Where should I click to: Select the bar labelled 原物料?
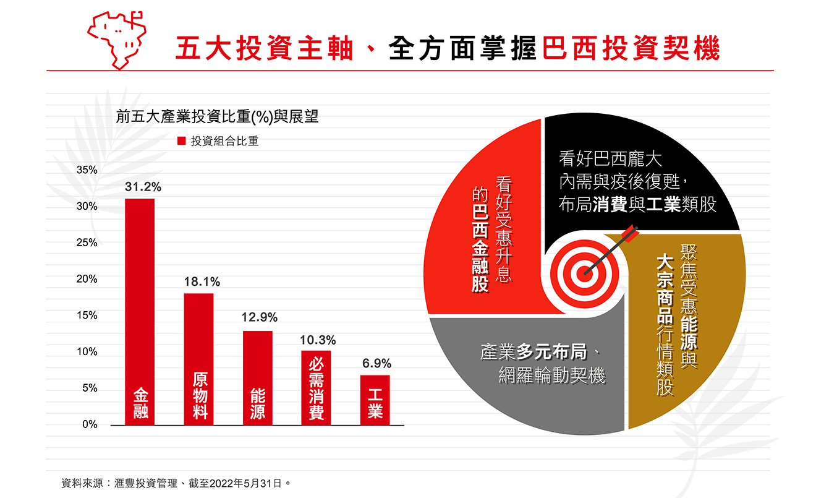point(198,359)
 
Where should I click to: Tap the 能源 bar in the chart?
point(257,377)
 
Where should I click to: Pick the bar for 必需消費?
point(316,387)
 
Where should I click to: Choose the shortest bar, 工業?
point(375,400)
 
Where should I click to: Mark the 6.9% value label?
point(376,364)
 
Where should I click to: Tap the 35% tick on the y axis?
point(87,170)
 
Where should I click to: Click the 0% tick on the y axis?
point(90,425)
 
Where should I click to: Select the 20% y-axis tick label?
point(87,279)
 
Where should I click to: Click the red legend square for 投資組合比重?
point(182,141)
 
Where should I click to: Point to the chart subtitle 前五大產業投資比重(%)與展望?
point(217,117)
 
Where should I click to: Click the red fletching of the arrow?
point(631,233)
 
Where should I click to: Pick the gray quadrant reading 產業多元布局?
point(538,371)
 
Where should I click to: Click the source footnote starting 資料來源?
point(176,481)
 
